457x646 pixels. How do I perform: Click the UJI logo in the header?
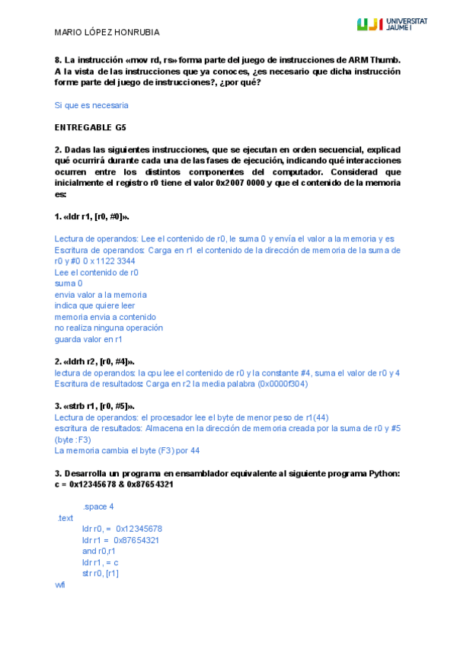tap(391, 24)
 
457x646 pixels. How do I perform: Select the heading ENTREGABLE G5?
tap(91, 126)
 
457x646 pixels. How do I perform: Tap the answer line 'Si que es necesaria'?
tap(91, 105)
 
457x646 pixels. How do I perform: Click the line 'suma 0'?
tap(69, 283)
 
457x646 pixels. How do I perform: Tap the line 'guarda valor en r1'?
tap(88, 339)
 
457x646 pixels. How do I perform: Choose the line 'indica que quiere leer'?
tap(94, 305)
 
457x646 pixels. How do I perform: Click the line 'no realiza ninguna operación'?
tap(109, 328)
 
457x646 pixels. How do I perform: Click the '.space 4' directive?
tap(98, 507)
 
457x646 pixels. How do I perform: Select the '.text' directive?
tap(65, 518)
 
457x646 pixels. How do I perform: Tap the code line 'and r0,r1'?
tap(99, 551)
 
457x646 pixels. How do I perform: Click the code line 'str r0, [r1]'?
tap(101, 573)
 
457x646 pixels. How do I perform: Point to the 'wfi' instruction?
tap(60, 584)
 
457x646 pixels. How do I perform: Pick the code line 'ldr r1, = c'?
tap(101, 562)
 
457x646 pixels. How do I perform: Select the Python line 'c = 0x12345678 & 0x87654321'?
tap(113, 484)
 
